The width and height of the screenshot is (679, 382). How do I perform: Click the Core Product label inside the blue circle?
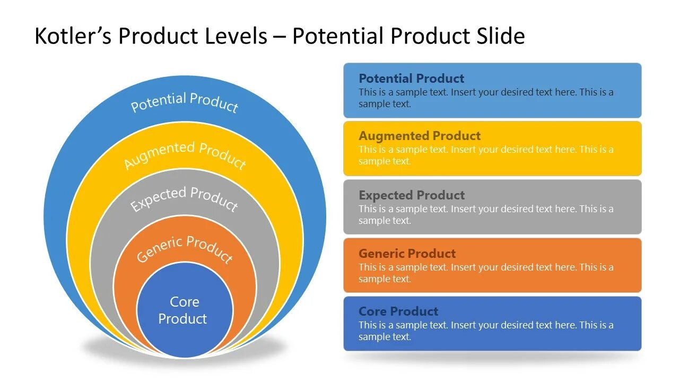tap(184, 310)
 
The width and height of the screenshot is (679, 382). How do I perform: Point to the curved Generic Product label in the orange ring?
tap(184, 248)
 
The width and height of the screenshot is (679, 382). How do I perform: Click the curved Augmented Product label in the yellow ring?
tap(185, 154)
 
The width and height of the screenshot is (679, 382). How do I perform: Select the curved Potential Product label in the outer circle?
tap(184, 102)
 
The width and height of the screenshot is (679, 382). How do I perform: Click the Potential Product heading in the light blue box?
tap(411, 79)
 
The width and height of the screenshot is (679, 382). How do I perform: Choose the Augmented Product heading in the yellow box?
tap(419, 136)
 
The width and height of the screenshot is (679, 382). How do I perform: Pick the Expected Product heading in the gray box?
tap(411, 195)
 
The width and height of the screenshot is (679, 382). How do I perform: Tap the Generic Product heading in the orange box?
tap(407, 254)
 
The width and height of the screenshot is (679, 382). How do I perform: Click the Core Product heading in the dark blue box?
tap(398, 311)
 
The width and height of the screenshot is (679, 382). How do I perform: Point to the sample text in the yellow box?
tap(485, 155)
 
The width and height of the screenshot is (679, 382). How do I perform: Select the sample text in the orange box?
tap(485, 273)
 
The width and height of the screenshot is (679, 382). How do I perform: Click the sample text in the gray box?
tap(485, 215)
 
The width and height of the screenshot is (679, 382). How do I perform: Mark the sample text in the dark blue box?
tap(485, 331)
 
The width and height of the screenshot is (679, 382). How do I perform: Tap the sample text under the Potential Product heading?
tap(485, 98)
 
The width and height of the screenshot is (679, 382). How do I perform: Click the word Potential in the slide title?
tap(337, 36)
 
